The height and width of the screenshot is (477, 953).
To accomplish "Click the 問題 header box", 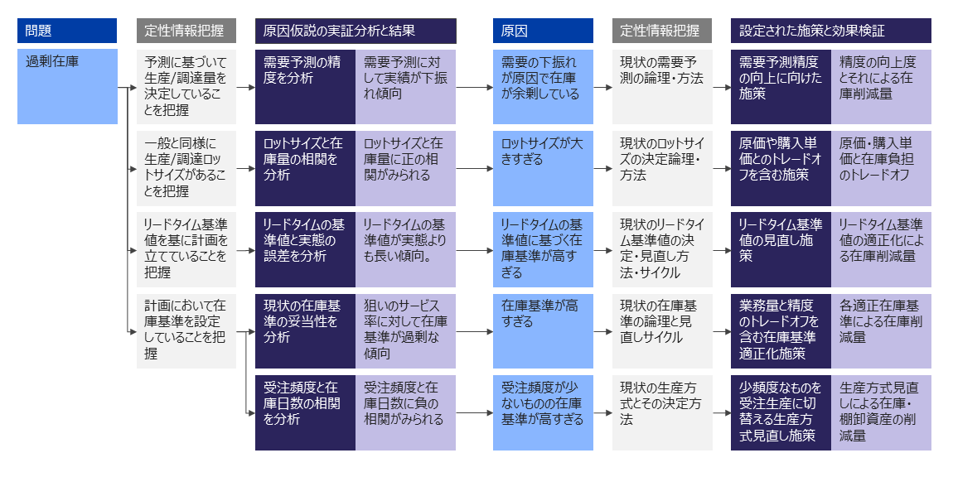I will (x=67, y=31).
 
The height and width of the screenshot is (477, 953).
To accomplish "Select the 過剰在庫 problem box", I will (x=67, y=87).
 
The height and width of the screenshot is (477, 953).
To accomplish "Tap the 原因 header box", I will (x=543, y=31).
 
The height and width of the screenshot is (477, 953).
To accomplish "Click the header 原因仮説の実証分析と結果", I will (x=355, y=31).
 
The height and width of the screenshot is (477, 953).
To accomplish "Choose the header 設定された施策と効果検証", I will (x=830, y=31).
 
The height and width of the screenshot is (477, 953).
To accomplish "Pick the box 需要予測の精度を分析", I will (x=305, y=87).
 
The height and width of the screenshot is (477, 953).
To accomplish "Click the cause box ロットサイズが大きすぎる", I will (x=543, y=168).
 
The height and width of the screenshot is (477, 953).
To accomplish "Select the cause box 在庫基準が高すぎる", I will (x=543, y=330).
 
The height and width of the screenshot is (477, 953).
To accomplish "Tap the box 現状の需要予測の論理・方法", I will (x=662, y=87).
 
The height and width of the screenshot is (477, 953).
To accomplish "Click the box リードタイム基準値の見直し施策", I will (x=781, y=249).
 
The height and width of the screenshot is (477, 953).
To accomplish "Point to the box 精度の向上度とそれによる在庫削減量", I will (x=881, y=87).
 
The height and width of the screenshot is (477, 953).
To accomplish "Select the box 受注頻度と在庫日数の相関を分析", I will (x=305, y=412).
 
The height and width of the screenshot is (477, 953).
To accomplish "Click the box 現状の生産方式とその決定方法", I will (x=662, y=412).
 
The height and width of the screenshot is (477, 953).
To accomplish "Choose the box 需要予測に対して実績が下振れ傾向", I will (x=405, y=87).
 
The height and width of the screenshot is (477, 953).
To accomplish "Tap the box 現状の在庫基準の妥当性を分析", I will (x=305, y=330).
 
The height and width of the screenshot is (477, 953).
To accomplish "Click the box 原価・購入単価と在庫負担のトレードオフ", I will (x=881, y=168).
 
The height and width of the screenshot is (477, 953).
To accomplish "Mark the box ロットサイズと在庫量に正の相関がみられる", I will (x=405, y=168).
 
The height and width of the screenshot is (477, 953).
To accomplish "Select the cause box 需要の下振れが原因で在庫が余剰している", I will (x=543, y=87).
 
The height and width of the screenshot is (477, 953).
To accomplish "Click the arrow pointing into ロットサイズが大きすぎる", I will (x=474, y=168).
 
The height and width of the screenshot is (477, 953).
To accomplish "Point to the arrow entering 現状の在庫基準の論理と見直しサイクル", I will (x=602, y=330).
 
